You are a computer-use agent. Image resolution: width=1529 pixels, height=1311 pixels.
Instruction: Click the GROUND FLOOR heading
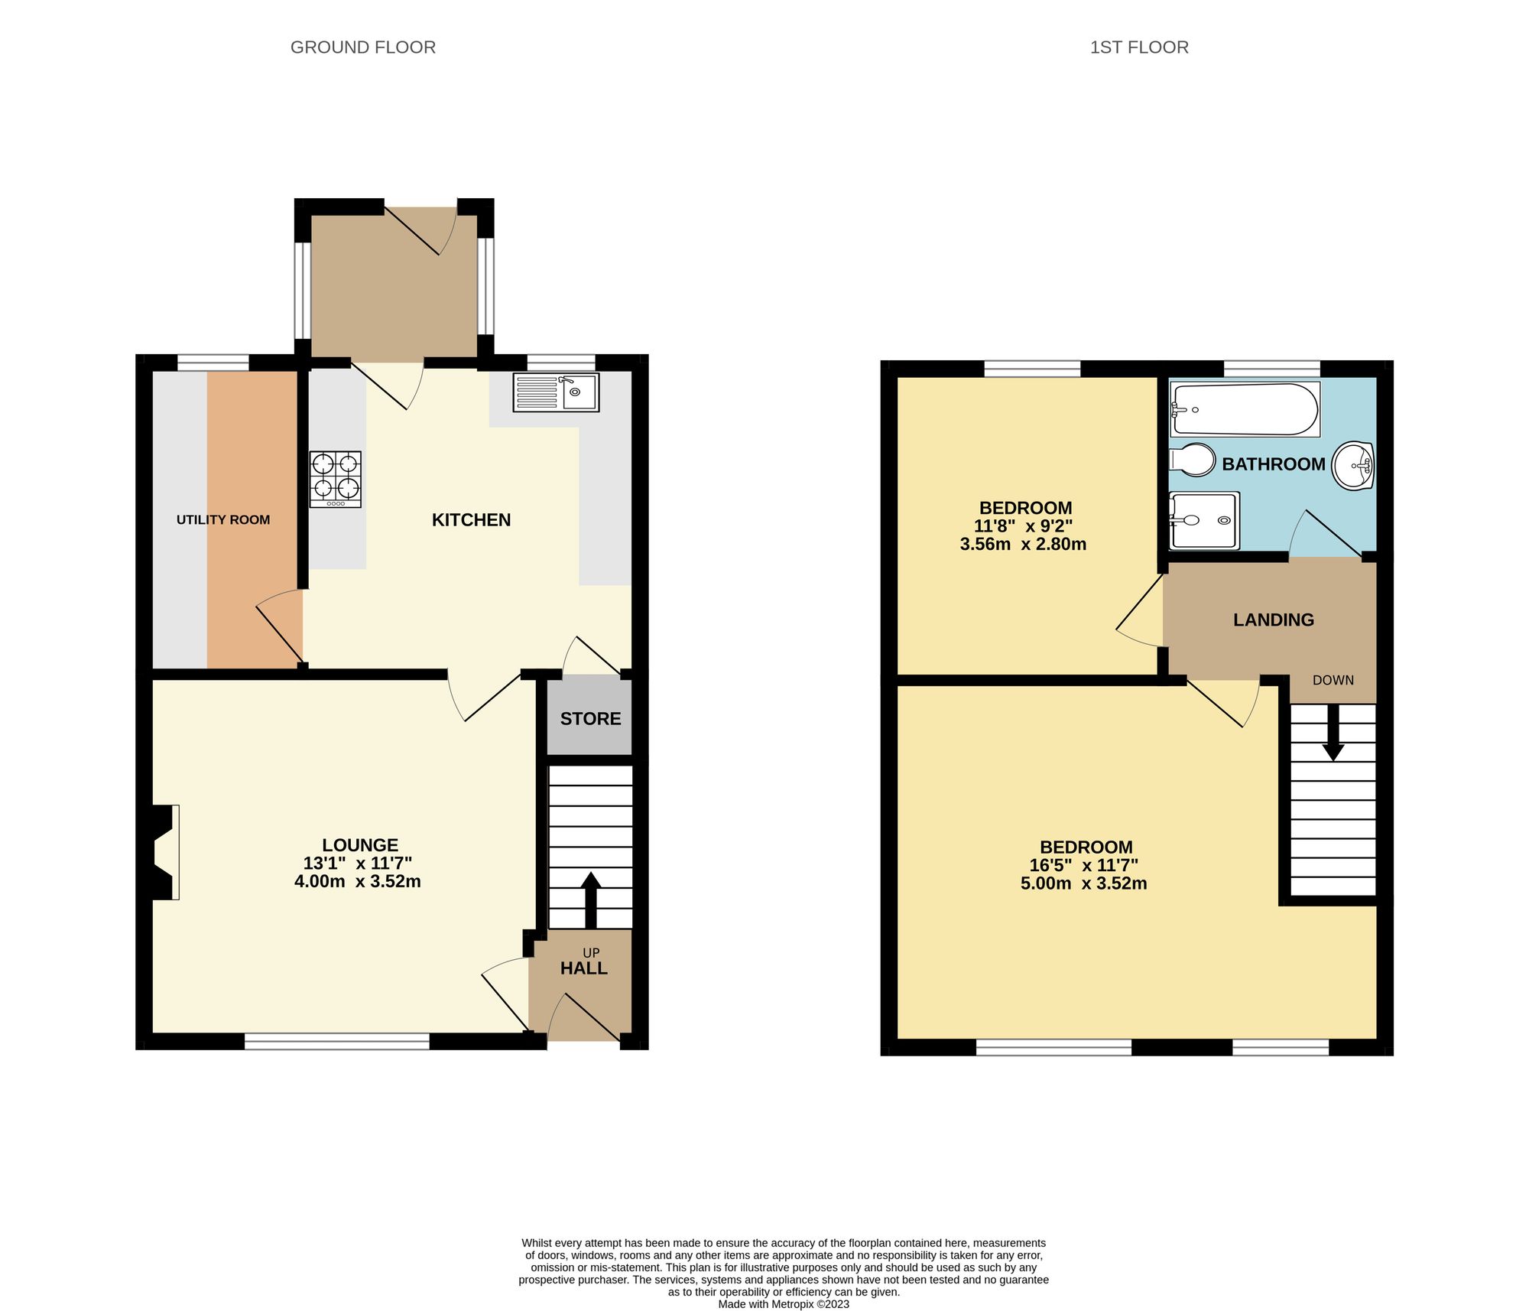point(362,47)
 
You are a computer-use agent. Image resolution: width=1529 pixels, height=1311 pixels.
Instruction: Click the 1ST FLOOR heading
point(1138,47)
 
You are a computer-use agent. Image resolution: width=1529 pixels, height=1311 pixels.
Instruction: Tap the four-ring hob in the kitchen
point(335,480)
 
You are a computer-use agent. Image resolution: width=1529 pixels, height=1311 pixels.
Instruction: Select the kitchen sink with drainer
point(556,392)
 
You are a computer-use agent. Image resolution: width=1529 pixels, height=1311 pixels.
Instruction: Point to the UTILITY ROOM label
point(222,520)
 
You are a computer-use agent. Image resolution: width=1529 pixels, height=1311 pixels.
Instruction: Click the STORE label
point(590,719)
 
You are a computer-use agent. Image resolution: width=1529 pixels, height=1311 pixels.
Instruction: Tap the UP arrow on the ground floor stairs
point(590,899)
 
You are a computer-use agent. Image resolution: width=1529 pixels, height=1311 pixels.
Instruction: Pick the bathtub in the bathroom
point(1244,410)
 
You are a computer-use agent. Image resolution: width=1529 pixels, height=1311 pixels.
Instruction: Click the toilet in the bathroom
point(1193,460)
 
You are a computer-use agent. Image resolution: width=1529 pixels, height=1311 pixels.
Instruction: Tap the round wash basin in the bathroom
point(1353,465)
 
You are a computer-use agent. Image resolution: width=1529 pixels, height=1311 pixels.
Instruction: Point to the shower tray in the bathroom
point(1204,521)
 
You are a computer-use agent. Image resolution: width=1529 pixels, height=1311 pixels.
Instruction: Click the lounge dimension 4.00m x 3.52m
point(358,881)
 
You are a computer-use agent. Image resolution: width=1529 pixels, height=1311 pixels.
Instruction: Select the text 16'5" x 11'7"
point(1083,866)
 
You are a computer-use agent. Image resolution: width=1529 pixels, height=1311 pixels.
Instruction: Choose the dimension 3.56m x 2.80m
point(1023,545)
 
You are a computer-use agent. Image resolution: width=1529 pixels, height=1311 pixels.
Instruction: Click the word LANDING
point(1273,620)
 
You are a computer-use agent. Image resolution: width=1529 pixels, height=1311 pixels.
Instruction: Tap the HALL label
point(583,969)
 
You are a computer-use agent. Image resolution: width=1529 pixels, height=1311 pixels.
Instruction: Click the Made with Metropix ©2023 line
point(783,1304)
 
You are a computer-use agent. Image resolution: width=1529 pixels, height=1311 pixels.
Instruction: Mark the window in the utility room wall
point(213,362)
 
